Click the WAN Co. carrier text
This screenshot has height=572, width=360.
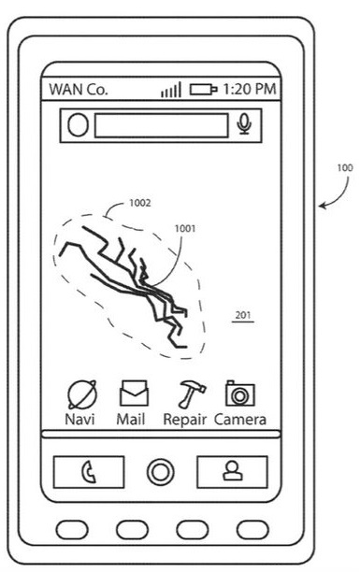point(79,90)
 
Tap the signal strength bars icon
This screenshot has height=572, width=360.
point(171,90)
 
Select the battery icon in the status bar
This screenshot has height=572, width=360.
point(203,90)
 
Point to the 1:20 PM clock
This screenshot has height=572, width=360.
point(250,89)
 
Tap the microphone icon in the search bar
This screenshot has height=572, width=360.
point(244,124)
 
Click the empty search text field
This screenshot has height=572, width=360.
point(162,125)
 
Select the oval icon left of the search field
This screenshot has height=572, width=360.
point(78,125)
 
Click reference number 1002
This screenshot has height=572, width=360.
point(140,203)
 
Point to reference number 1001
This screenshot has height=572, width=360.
point(185,228)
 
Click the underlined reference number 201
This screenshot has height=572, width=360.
point(243,315)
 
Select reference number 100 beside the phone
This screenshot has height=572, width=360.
point(345,168)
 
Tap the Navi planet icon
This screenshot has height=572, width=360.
point(82,394)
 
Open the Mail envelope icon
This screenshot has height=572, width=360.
point(134,393)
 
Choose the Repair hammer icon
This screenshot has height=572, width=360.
point(192,394)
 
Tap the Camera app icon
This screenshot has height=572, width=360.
point(240,393)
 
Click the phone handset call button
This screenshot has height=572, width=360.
point(89,472)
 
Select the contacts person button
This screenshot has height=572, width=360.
point(232,472)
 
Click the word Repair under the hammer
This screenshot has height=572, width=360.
point(185,420)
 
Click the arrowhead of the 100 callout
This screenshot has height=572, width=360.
point(322,207)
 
